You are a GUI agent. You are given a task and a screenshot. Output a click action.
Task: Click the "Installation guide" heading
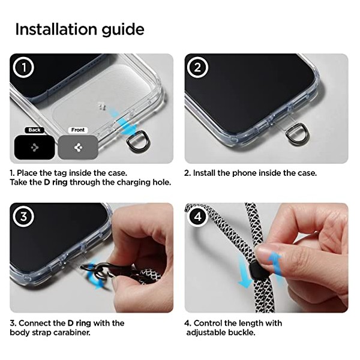80,30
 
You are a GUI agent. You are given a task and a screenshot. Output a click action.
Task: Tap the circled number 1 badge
23,67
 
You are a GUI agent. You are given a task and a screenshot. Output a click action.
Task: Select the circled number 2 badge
197,67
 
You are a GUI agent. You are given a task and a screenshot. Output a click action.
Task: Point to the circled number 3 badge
23,216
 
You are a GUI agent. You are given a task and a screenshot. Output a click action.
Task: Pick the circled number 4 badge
197,216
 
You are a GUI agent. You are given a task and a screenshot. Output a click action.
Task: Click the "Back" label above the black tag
34,130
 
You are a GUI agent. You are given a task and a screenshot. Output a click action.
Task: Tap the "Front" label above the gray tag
78,130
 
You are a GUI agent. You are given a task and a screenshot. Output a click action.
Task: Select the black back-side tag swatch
35,147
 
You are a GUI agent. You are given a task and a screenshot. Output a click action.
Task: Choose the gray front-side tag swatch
78,147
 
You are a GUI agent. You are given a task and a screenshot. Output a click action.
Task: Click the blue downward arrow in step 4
245,272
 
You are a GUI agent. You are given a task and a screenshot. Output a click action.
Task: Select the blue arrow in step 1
121,121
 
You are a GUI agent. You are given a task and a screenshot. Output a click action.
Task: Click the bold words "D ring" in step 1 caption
56,182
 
